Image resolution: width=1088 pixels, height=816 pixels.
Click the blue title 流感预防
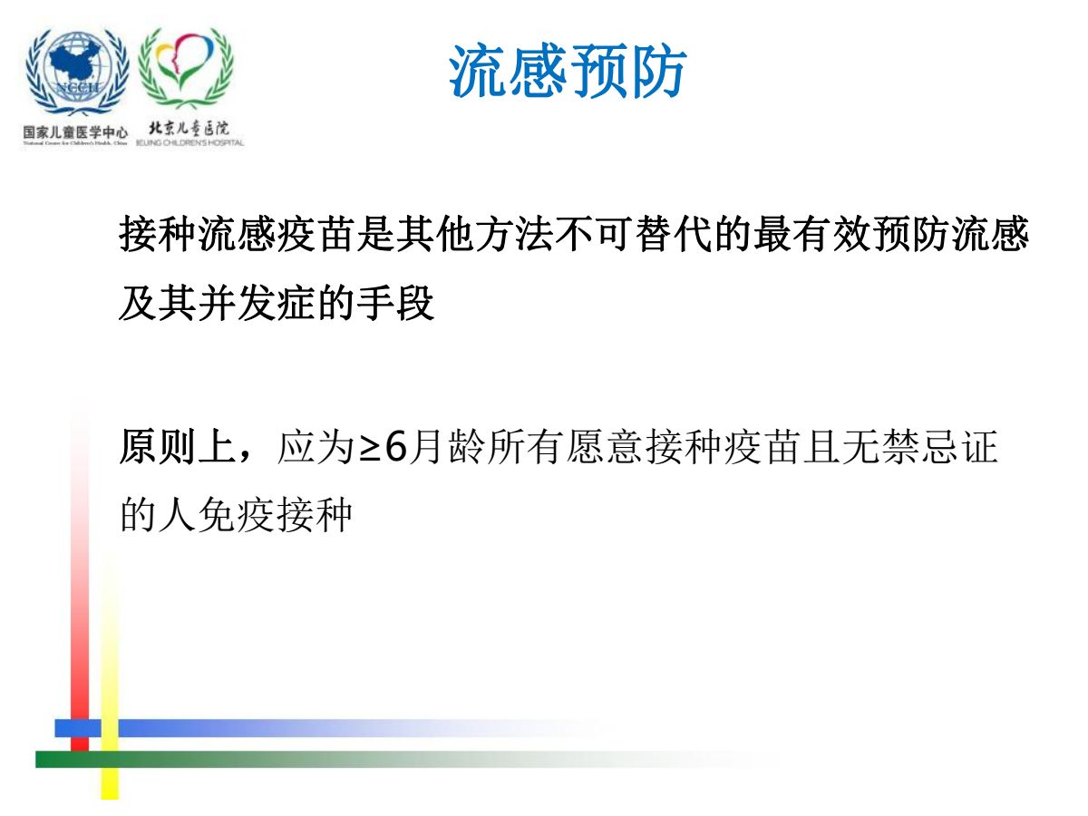pos(568,71)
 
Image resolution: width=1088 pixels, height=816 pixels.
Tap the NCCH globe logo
pos(77,72)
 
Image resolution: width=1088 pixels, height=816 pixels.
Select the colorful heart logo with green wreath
pos(186,68)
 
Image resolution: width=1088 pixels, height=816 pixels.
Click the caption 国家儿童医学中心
pos(75,132)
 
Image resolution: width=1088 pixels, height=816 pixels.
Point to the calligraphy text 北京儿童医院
pos(189,129)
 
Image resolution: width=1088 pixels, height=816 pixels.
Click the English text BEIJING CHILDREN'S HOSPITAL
pos(189,143)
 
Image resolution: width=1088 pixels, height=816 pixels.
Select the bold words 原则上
pos(178,446)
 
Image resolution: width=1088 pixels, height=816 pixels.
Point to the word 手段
pos(395,303)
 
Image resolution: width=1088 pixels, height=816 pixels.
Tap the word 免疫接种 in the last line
pos(275,515)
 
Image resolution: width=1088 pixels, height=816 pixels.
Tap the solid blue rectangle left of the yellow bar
pos(78,728)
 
